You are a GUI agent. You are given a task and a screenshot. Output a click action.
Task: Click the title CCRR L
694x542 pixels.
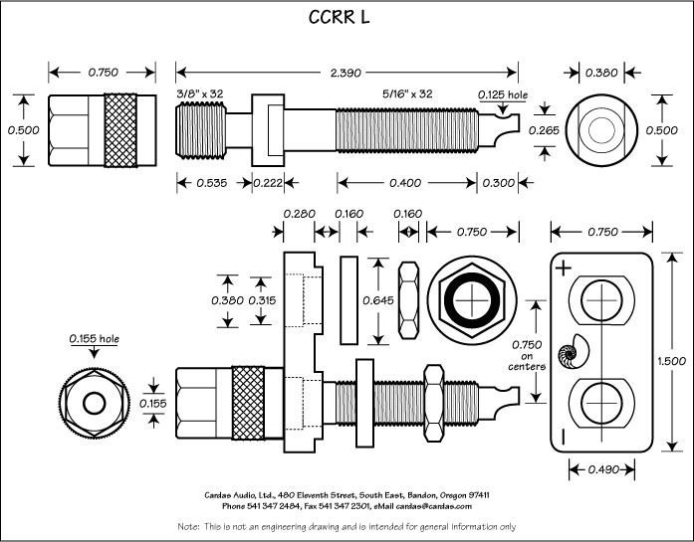[347, 19]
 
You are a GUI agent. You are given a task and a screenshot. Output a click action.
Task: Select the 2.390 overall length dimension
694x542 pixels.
[347, 73]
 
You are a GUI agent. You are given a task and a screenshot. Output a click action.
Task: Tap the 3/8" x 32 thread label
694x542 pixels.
[200, 93]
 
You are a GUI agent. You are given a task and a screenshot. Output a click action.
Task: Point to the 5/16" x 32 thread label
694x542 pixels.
[408, 93]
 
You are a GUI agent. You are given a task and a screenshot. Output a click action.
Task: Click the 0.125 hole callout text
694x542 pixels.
[502, 94]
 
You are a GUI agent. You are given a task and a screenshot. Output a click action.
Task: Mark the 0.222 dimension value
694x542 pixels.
[268, 182]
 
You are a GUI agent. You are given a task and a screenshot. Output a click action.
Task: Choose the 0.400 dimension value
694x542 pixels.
[408, 182]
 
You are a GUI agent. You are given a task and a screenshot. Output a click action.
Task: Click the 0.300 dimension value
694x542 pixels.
[500, 182]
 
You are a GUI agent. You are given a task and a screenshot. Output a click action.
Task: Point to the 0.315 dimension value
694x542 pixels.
[263, 300]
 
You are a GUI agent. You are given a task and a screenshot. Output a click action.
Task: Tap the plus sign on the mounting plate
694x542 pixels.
[564, 268]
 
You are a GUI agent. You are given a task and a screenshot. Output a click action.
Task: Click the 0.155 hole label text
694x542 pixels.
[94, 339]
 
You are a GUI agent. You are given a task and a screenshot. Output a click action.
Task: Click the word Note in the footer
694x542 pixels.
[188, 525]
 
